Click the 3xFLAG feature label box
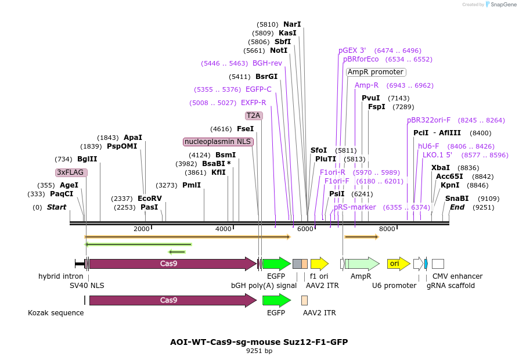[x=71, y=172]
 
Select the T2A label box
[x=254, y=116]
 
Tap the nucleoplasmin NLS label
[x=218, y=142]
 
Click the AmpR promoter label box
[x=376, y=72]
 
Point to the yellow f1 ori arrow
[x=319, y=264]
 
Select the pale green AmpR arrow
[x=363, y=264]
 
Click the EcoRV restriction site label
[x=150, y=199]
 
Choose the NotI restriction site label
[x=279, y=51]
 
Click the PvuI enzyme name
[x=370, y=98]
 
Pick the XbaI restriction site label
[x=441, y=168]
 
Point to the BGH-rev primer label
[x=267, y=63]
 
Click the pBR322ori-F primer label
[x=428, y=120]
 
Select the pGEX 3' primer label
[x=352, y=51]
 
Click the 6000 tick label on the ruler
[x=305, y=229]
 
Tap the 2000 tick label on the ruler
[x=142, y=229]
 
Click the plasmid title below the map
[x=259, y=342]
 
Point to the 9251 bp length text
[x=259, y=351]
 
